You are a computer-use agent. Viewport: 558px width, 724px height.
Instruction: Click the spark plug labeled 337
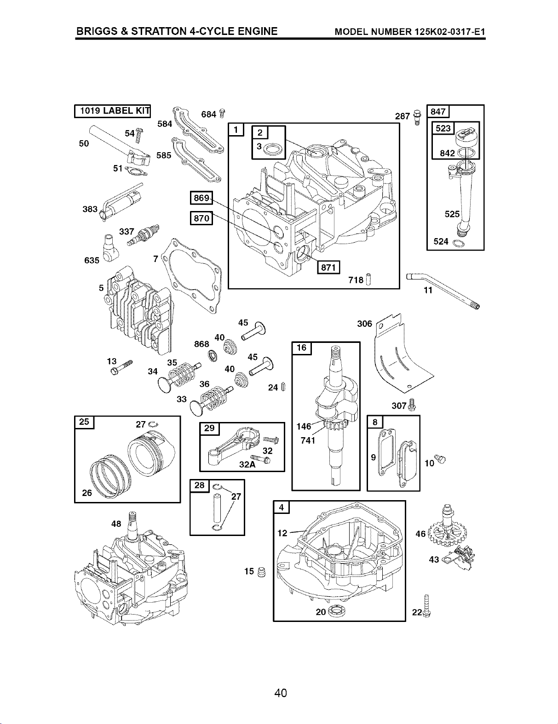(x=144, y=235)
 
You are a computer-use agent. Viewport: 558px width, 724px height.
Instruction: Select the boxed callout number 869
(x=201, y=198)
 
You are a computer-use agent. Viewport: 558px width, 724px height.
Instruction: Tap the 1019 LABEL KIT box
(x=112, y=111)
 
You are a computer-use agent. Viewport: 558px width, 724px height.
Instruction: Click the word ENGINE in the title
(x=257, y=31)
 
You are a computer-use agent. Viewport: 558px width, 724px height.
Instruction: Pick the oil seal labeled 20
(x=337, y=611)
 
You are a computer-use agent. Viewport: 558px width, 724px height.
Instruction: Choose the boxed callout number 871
(x=328, y=267)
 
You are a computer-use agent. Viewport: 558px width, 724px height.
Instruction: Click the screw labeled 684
(x=222, y=114)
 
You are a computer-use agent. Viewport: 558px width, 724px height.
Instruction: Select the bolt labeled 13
(x=121, y=368)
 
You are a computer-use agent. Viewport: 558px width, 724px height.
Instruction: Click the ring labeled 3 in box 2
(x=273, y=149)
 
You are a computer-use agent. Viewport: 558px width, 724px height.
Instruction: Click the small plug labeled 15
(x=262, y=572)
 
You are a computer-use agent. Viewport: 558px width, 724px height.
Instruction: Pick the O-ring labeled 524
(x=458, y=244)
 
